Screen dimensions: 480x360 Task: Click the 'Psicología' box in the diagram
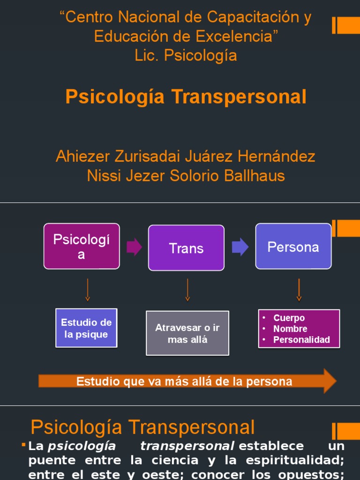[82, 246]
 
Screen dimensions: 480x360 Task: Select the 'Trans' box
[186, 248]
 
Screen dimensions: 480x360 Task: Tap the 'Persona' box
[293, 247]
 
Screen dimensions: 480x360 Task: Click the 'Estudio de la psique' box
[86, 328]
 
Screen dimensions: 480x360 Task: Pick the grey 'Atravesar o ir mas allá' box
[187, 333]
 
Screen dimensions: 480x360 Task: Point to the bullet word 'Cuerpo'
[289, 318]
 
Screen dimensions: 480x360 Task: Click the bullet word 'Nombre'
[291, 329]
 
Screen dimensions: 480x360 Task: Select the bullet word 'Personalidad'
[302, 339]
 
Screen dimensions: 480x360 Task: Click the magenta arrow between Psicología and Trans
[134, 247]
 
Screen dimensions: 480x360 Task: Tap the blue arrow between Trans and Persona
[240, 247]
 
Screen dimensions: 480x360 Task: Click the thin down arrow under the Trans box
[187, 290]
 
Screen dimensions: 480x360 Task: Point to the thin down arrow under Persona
[299, 290]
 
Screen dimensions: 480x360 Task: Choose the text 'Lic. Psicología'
[186, 55]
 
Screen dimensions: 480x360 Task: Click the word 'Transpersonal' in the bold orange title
[239, 97]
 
